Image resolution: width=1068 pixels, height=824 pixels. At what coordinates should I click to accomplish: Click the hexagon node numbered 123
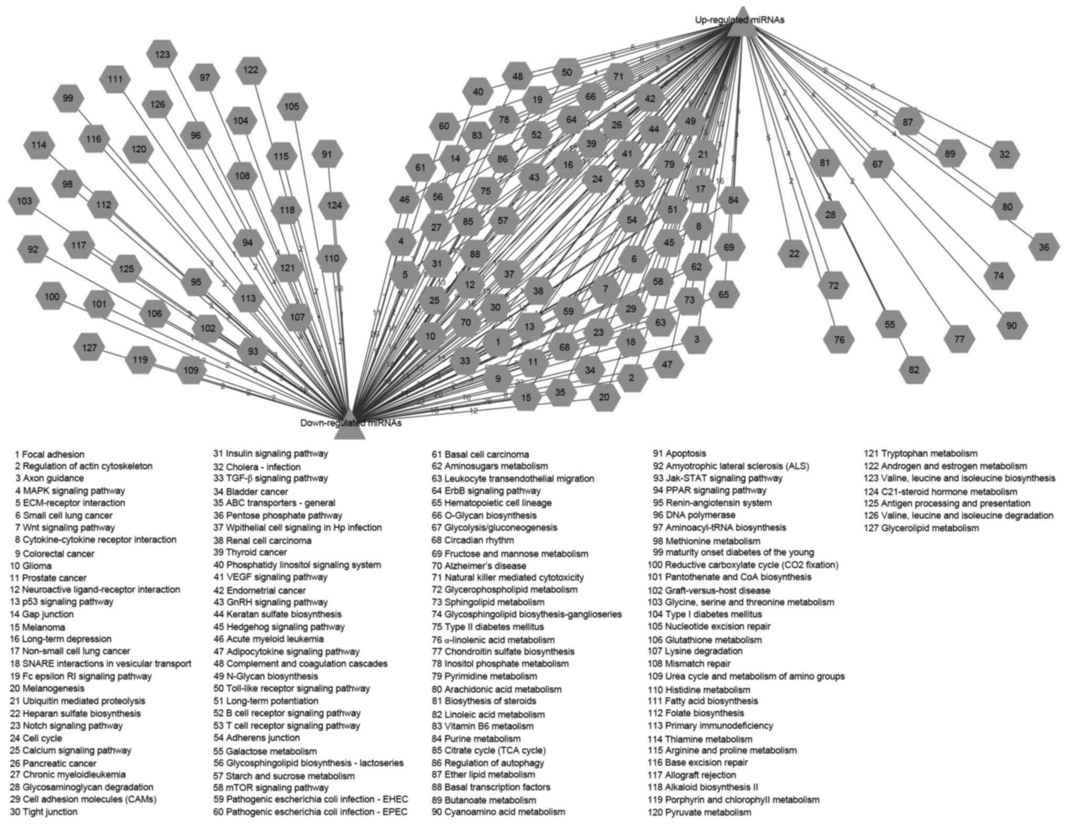pyautogui.click(x=162, y=55)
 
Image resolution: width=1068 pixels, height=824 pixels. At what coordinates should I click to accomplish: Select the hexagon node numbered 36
pyautogui.click(x=1043, y=247)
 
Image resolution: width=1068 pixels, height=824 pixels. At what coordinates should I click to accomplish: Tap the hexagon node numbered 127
pyautogui.click(x=89, y=348)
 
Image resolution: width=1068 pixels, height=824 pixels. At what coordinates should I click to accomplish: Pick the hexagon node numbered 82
pyautogui.click(x=914, y=370)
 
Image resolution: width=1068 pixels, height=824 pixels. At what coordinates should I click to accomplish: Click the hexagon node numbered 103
pyautogui.click(x=24, y=201)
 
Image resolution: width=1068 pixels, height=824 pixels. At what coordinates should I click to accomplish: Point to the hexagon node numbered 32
pyautogui.click(x=1004, y=154)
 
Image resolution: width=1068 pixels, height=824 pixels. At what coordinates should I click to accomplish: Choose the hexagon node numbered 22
pyautogui.click(x=794, y=254)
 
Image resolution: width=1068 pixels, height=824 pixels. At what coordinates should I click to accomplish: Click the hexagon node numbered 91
pyautogui.click(x=327, y=154)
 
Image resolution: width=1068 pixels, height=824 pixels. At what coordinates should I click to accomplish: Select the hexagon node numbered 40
pyautogui.click(x=478, y=92)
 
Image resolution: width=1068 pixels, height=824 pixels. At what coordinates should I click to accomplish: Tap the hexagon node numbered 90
pyautogui.click(x=1012, y=326)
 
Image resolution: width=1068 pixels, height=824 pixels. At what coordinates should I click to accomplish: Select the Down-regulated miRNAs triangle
pyautogui.click(x=350, y=425)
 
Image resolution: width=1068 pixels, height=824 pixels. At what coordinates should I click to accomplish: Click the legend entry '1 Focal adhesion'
pyautogui.click(x=49, y=455)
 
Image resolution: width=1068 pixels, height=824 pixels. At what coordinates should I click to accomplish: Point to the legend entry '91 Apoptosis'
pyautogui.click(x=680, y=454)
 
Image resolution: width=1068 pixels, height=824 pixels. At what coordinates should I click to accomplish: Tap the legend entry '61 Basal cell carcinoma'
pyautogui.click(x=480, y=455)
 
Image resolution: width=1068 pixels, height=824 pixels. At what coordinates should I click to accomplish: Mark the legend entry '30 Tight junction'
pyautogui.click(x=44, y=812)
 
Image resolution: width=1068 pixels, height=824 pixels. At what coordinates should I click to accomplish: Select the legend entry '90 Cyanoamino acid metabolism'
pyautogui.click(x=498, y=812)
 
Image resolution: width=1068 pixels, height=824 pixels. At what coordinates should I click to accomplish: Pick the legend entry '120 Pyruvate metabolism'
pyautogui.click(x=699, y=812)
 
